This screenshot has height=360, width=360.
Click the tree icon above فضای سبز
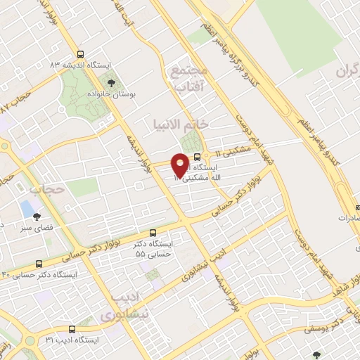(37, 217)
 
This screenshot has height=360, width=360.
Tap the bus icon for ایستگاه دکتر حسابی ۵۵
(154, 233)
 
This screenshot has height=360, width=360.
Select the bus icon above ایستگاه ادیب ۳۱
(71, 329)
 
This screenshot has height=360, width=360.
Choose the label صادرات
(349, 218)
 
